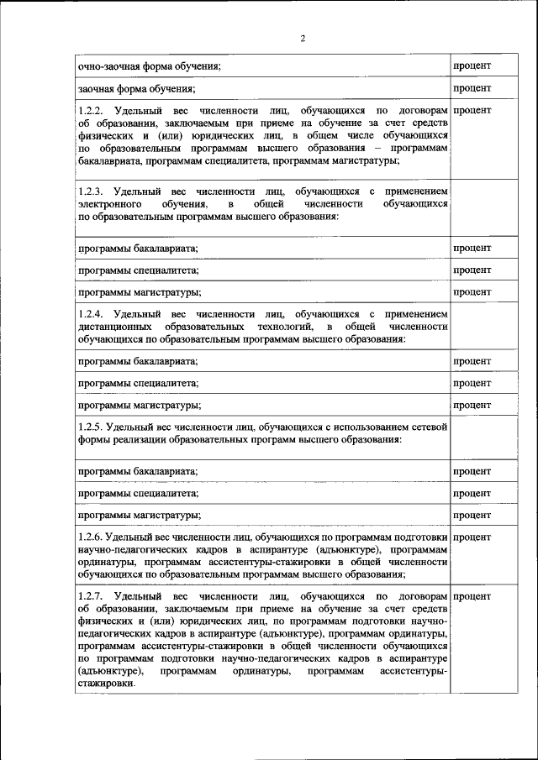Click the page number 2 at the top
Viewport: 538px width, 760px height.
pyautogui.click(x=303, y=38)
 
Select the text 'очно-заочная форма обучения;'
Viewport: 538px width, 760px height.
pyautogui.click(x=149, y=66)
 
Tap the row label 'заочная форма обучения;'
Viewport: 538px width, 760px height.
pyautogui.click(x=136, y=88)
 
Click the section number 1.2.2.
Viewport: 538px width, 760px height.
pyautogui.click(x=90, y=111)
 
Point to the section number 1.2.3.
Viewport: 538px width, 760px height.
pyautogui.click(x=90, y=192)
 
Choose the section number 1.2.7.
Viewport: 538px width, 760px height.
pyautogui.click(x=90, y=595)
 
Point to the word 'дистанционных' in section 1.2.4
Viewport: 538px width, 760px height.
pyautogui.click(x=114, y=326)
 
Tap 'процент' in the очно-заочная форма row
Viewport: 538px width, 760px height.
pyautogui.click(x=472, y=66)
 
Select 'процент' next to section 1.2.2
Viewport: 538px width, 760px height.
pyautogui.click(x=472, y=111)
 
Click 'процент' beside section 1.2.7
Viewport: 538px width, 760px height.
pyautogui.click(x=472, y=595)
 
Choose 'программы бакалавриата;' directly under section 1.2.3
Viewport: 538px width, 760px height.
pyautogui.click(x=138, y=248)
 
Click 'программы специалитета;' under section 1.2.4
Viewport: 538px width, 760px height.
pyautogui.click(x=138, y=383)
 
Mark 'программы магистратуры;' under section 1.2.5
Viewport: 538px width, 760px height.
pyautogui.click(x=139, y=515)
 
